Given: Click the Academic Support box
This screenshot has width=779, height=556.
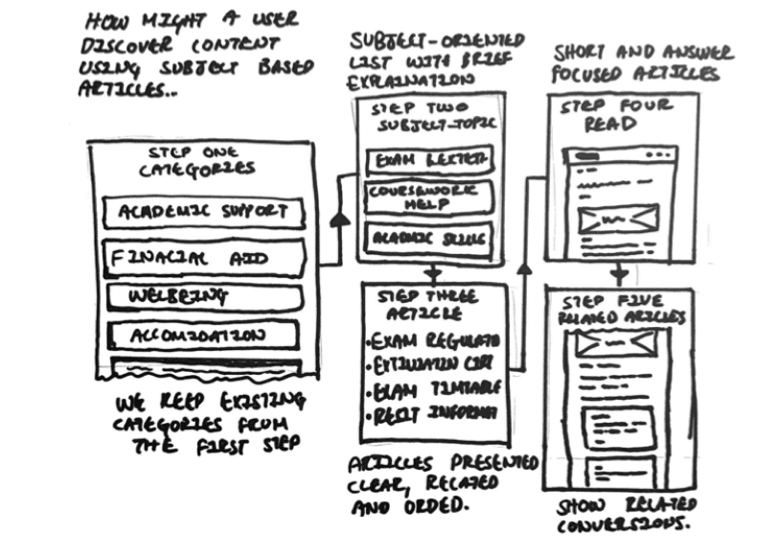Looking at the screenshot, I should tap(204, 212).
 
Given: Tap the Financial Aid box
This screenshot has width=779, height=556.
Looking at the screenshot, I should tap(203, 257).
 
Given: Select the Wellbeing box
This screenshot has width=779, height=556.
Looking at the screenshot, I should tap(203, 297).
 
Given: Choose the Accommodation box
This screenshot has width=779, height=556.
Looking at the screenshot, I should tap(203, 336).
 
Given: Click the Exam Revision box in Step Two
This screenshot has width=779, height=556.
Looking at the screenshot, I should tap(429, 158).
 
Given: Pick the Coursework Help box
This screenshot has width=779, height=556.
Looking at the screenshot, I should tap(429, 197).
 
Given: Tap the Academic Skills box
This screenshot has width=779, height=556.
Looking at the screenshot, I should tap(429, 238).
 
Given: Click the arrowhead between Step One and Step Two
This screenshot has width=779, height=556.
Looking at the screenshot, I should tap(338, 221).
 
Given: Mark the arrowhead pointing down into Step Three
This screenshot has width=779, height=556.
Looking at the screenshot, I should tap(432, 272).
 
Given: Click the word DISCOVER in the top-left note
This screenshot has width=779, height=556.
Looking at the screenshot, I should tap(123, 44).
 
